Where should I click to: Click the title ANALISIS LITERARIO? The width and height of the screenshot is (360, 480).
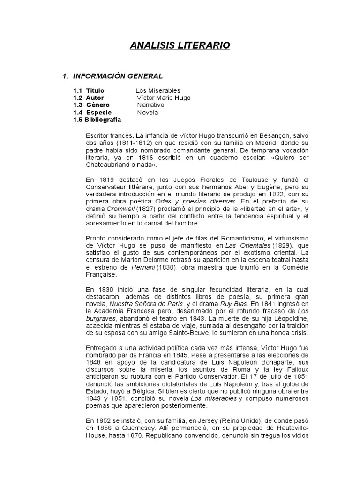click(180, 45)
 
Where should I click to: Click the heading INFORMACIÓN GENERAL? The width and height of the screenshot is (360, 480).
click(117, 76)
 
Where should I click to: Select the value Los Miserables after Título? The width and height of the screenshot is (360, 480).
click(158, 90)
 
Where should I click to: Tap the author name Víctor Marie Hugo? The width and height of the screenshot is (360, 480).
click(164, 97)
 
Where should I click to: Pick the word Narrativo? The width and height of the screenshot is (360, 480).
click(150, 105)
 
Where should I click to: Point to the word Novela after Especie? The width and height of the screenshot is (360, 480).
click(148, 112)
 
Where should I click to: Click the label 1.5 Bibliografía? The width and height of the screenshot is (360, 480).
click(97, 120)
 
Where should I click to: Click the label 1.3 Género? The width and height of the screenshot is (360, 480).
click(91, 105)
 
